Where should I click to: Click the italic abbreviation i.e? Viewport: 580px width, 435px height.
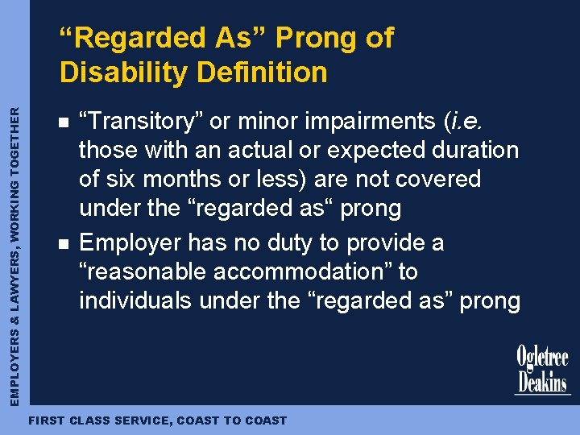pyautogui.click(x=465, y=121)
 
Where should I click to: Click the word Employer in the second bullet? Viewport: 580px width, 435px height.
pyautogui.click(x=130, y=242)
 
